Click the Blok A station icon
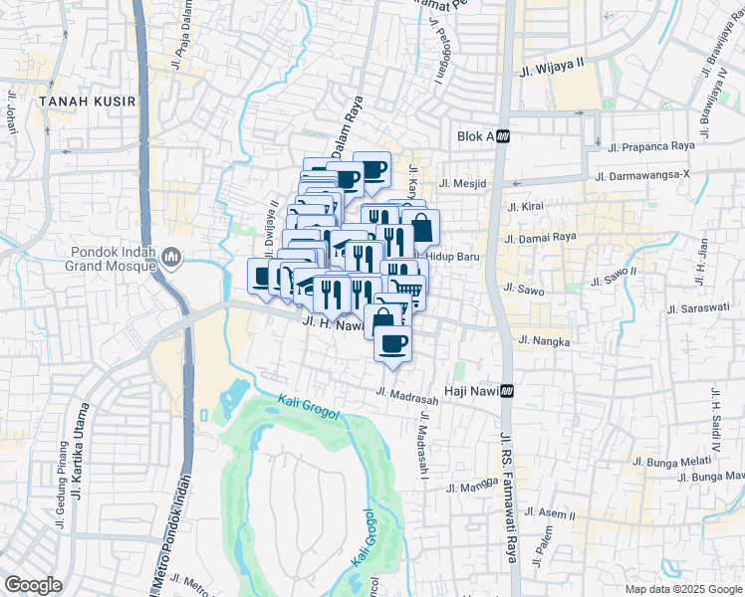504,136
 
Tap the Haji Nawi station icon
508,391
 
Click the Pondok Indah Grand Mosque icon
172,259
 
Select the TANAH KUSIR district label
73,100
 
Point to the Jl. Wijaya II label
552,72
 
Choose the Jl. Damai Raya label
541,239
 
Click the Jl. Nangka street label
544,341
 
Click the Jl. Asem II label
550,513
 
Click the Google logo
33,584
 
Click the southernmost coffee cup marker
393,345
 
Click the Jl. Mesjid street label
459,183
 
